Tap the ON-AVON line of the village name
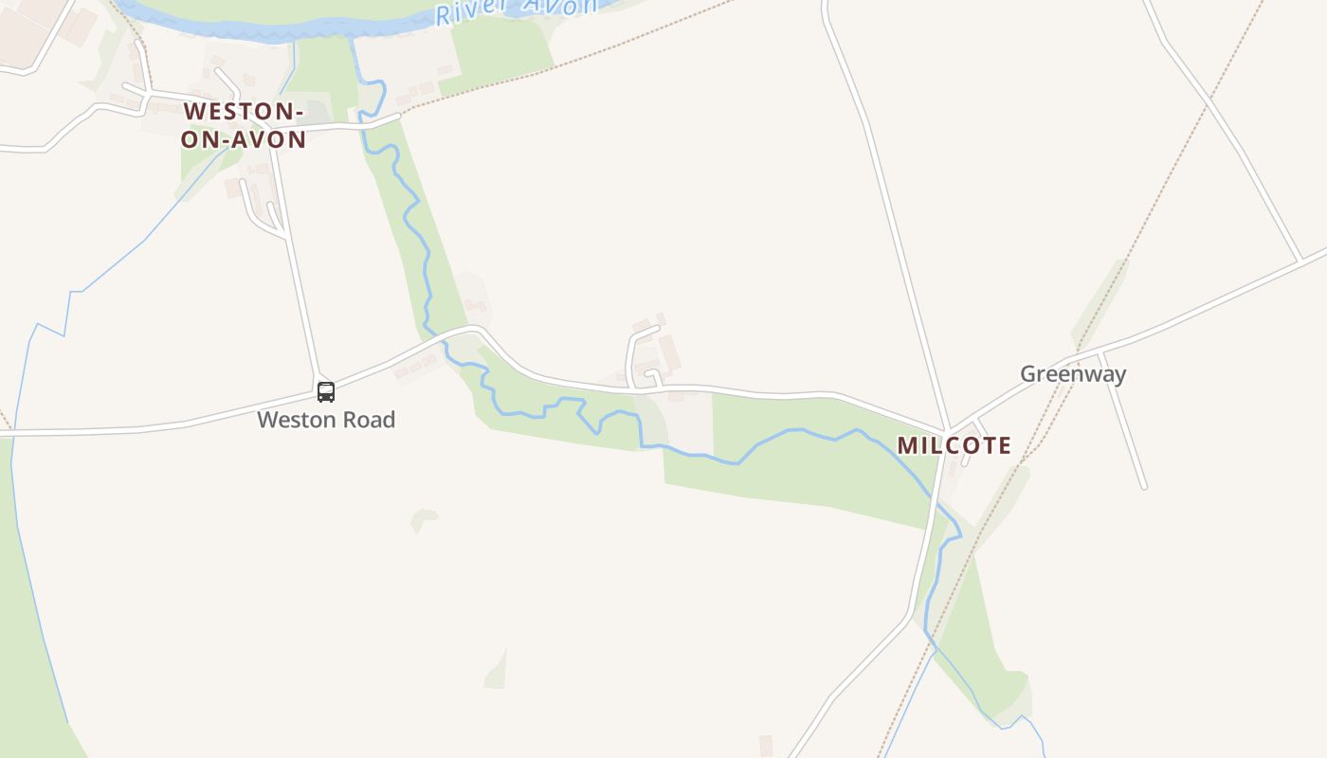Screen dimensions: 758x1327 click(244, 139)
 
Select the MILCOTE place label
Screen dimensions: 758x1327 click(954, 445)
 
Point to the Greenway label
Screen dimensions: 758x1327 click(1073, 373)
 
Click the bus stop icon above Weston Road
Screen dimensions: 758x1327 click(325, 391)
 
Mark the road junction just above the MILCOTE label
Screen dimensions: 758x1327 click(947, 430)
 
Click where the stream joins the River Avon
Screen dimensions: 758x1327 click(353, 38)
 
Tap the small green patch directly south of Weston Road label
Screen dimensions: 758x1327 click(424, 519)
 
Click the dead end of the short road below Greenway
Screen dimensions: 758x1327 click(1144, 487)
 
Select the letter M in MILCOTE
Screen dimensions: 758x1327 click(907, 445)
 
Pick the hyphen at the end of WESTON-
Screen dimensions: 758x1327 click(299, 112)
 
